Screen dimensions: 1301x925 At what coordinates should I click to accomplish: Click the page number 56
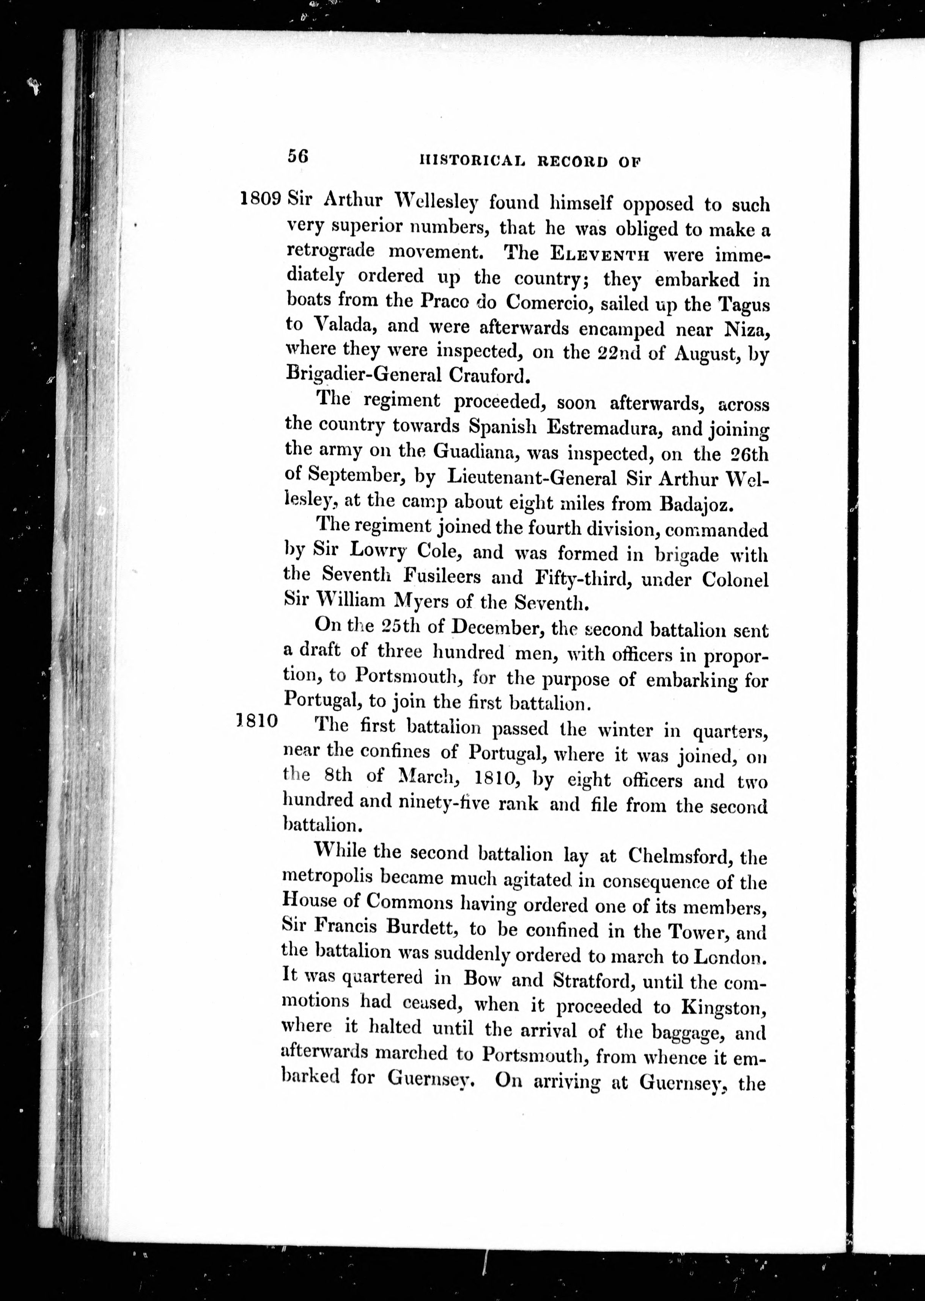coord(298,156)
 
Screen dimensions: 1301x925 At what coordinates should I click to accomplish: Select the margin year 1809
coord(261,199)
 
